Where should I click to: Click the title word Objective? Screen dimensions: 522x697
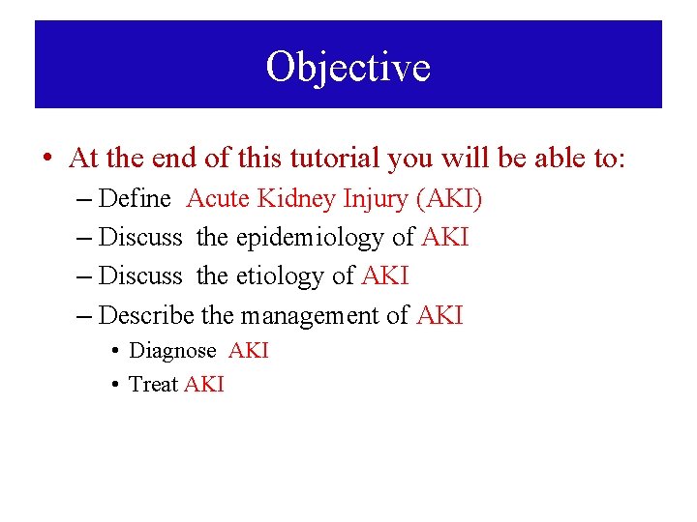click(348, 68)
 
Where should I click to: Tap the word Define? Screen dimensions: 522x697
click(136, 199)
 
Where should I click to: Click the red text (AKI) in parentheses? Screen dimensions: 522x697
click(448, 199)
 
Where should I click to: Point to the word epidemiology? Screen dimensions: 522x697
click(310, 237)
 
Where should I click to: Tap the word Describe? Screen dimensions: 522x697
click(147, 315)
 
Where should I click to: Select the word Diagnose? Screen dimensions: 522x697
click(172, 351)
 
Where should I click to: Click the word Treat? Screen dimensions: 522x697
click(153, 385)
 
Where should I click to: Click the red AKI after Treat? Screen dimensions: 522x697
click(204, 385)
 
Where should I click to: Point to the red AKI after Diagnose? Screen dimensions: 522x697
click(249, 351)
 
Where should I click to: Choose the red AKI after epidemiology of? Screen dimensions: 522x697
click(445, 237)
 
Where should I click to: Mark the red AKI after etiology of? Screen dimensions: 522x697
click(385, 276)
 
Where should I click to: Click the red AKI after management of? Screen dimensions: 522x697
click(440, 315)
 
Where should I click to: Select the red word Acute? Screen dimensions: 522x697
click(218, 199)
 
